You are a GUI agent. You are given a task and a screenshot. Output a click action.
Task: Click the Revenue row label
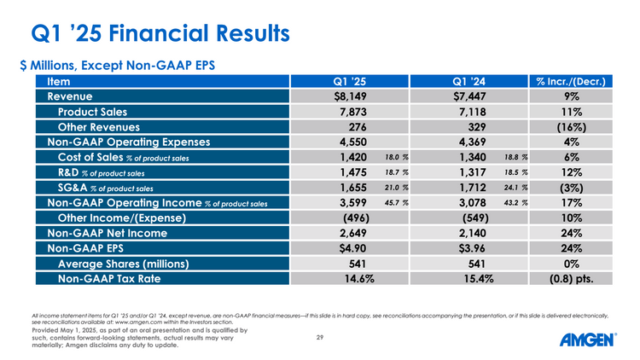click(76, 96)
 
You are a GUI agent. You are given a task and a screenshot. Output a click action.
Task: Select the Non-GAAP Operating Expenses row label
click(125, 142)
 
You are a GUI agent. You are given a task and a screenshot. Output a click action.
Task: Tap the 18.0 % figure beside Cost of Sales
click(397, 158)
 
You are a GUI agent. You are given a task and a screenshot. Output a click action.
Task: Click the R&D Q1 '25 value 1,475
click(352, 173)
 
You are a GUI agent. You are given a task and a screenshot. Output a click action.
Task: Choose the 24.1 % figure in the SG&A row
click(516, 188)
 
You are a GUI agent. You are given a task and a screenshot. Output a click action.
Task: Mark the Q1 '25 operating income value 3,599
click(352, 203)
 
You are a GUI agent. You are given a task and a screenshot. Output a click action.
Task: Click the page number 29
click(319, 339)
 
